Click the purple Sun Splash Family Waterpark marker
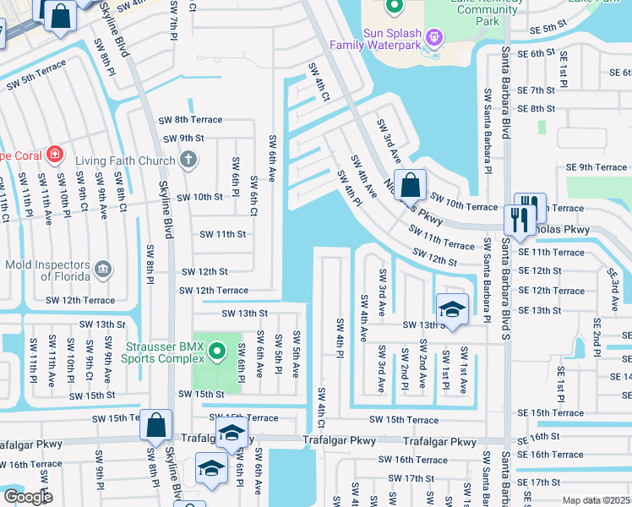pos(434,36)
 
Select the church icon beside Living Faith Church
pos(189,159)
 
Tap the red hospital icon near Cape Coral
pos(56,155)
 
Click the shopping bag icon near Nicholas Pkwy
pos(410,184)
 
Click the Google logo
pos(27,497)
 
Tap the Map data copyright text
pos(596,500)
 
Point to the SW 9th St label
pos(180,138)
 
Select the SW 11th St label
pos(221,234)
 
